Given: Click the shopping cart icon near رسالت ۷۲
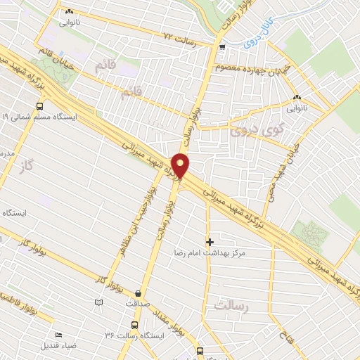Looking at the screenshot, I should click(x=222, y=47).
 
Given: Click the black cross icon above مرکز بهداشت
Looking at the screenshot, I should click(x=209, y=240).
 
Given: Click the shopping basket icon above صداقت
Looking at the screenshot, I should click(x=137, y=293).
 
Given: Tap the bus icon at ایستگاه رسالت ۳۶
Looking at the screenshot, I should click(x=134, y=325).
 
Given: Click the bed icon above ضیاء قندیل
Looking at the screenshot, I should click(x=58, y=335).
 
